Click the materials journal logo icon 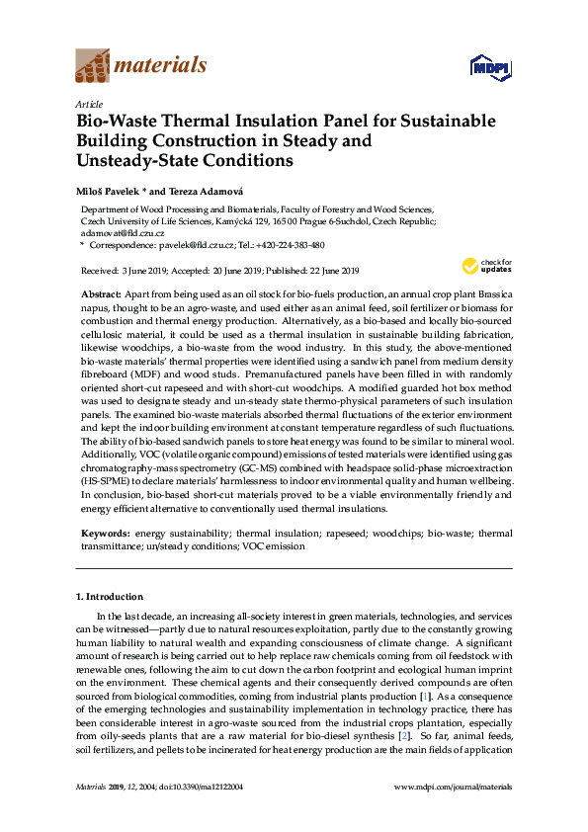tap(92, 66)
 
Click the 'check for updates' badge tap(474, 266)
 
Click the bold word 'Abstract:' tap(100, 295)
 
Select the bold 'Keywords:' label tap(106, 533)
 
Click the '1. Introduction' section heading tap(110, 597)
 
